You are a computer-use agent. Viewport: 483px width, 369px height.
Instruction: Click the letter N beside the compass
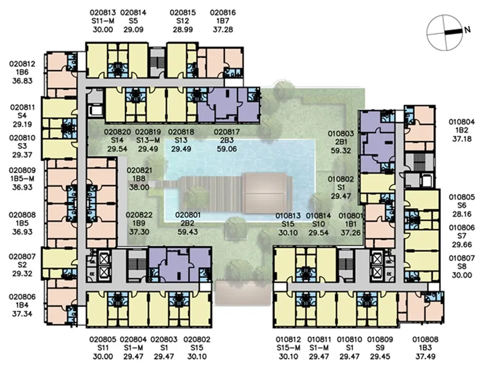click(x=467, y=30)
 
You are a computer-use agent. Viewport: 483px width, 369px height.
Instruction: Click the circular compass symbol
click(x=445, y=32)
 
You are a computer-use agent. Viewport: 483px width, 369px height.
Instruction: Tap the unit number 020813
click(x=103, y=13)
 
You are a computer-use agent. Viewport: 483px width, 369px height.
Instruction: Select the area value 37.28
click(x=223, y=30)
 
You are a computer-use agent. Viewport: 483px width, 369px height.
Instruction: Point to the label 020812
click(x=22, y=64)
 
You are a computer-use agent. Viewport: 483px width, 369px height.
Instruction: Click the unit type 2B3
click(x=227, y=140)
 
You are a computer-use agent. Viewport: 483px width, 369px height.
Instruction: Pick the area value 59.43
click(x=188, y=232)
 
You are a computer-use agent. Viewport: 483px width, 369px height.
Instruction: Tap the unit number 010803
click(x=341, y=134)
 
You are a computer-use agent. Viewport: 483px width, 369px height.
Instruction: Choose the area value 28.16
click(x=462, y=214)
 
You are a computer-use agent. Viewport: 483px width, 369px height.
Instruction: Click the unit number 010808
click(x=425, y=339)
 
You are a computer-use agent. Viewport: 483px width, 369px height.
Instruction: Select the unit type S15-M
click(x=288, y=348)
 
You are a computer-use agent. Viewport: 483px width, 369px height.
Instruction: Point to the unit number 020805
click(x=103, y=339)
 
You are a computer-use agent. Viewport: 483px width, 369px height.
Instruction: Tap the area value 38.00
click(x=139, y=187)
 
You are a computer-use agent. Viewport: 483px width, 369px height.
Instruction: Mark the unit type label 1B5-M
click(x=22, y=179)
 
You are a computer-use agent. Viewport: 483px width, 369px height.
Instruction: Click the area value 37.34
click(x=22, y=314)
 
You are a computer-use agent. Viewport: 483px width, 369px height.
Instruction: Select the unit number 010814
click(x=318, y=216)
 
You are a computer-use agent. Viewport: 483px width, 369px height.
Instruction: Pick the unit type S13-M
click(x=148, y=140)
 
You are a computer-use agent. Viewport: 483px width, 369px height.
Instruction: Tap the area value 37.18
click(x=462, y=139)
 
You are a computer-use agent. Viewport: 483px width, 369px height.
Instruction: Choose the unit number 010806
click(x=462, y=228)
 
